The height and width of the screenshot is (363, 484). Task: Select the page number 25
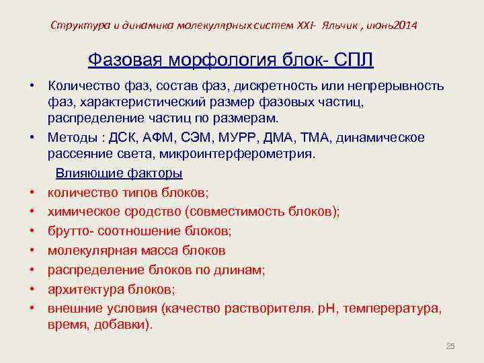pos(450,346)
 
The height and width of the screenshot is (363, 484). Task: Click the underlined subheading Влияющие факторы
pos(119,173)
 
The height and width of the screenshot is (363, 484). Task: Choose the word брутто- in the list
pos(71,231)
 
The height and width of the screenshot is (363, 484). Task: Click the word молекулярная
pos(88,251)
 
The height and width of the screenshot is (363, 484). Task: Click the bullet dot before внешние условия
pos(32,309)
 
